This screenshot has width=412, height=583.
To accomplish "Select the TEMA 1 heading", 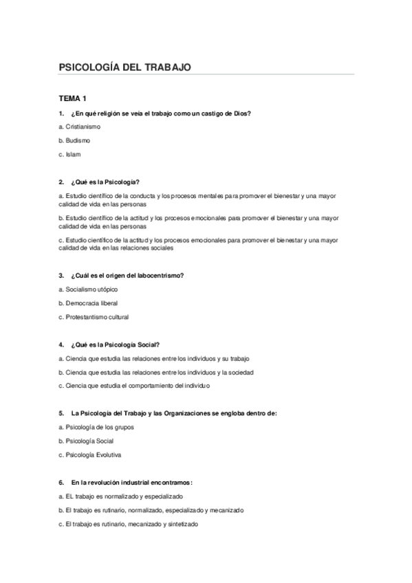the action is coord(72,99).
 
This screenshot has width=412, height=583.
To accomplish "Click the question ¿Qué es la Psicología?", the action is coord(104,182).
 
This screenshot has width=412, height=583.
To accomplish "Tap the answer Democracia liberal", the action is coord(88,303).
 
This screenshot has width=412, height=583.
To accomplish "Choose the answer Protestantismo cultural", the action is coord(94,317).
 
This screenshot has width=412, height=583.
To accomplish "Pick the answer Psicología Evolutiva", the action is coord(92,454).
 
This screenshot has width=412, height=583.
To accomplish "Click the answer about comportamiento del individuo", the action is coord(134,386).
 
